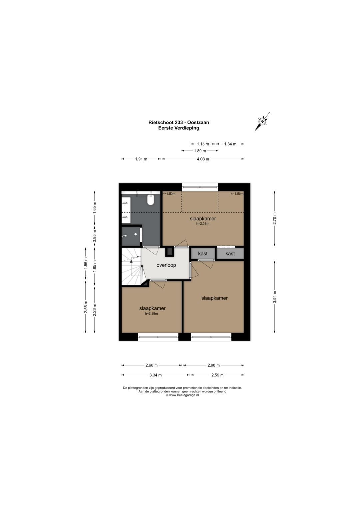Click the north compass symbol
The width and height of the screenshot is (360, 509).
262,122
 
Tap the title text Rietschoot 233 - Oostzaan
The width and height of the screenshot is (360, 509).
179,122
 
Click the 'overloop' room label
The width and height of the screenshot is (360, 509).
166,265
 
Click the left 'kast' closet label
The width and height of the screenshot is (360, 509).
203,254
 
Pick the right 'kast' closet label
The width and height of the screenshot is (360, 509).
230,254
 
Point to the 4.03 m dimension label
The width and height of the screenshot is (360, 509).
203,159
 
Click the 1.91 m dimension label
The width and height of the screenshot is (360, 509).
141,159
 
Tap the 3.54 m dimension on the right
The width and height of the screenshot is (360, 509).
275,297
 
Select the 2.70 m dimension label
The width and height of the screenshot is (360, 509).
275,218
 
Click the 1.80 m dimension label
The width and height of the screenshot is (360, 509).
200,151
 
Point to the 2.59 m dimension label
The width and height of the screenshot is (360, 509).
217,375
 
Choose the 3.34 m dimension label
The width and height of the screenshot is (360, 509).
155,375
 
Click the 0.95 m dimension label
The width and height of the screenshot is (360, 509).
95,236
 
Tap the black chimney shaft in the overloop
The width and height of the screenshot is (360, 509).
169,252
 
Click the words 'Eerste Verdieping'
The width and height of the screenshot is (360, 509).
179,128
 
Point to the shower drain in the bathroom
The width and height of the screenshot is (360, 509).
135,234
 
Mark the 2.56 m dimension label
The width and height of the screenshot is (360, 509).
86,307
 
